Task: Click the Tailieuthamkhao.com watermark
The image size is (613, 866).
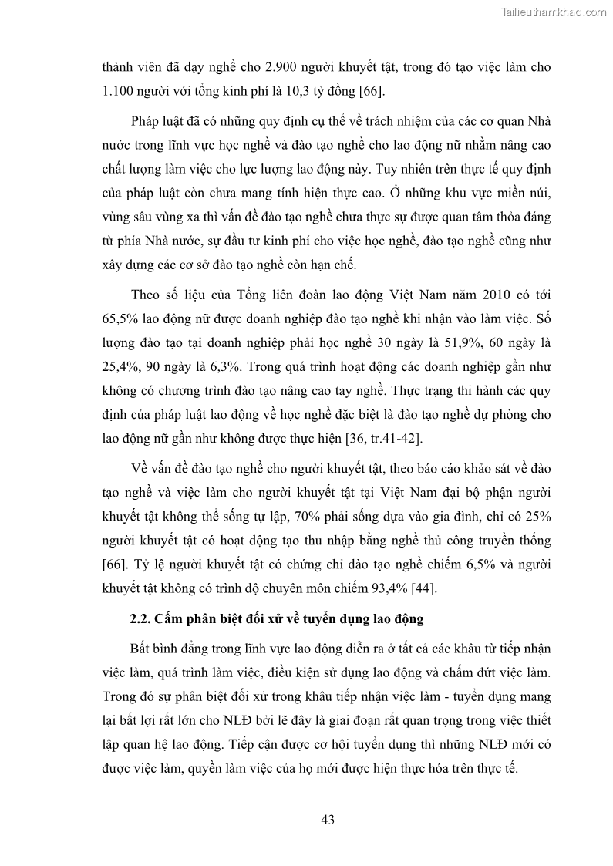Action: [554, 11]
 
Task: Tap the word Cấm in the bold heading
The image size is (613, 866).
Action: [170, 618]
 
